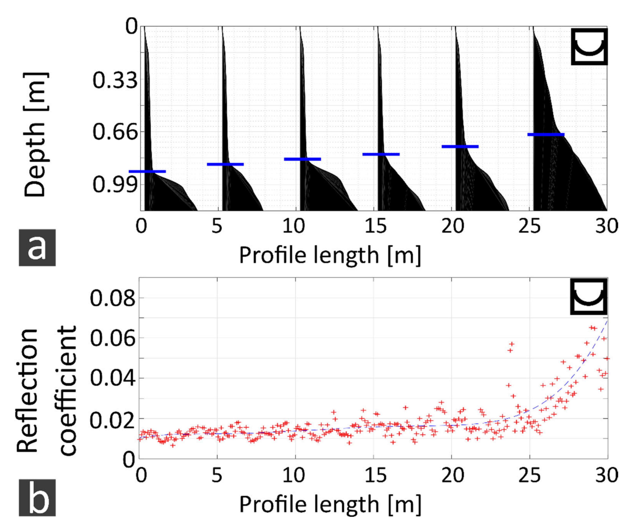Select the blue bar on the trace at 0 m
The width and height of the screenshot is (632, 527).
147,171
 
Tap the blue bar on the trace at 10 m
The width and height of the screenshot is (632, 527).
302,159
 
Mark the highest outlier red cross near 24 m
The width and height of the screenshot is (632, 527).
512,344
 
